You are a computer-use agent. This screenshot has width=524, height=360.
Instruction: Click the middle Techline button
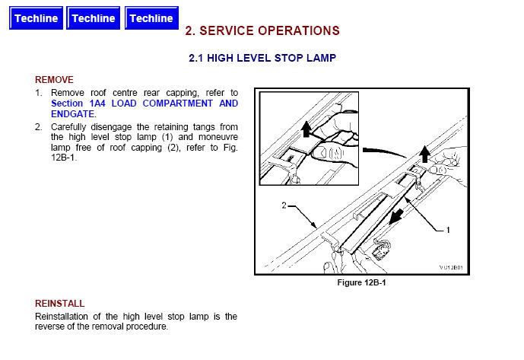pyautogui.click(x=94, y=18)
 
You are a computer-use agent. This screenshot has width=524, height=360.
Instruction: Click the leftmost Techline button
pyautogui.click(x=36, y=18)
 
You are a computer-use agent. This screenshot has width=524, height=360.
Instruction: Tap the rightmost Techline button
pyautogui.click(x=151, y=18)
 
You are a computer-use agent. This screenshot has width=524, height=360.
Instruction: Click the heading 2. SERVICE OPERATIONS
pyautogui.click(x=262, y=30)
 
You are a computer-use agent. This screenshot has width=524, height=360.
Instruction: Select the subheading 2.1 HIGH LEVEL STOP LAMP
pyautogui.click(x=262, y=58)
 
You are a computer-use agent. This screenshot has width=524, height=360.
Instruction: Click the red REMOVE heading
pyautogui.click(x=54, y=80)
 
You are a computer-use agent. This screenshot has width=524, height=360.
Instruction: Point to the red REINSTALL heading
pyautogui.click(x=60, y=304)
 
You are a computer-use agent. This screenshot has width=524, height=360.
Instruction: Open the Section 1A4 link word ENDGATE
pyautogui.click(x=72, y=114)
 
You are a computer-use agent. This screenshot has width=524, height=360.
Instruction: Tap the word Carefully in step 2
pyautogui.click(x=68, y=127)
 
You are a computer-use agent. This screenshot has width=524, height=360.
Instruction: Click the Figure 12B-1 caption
pyautogui.click(x=361, y=282)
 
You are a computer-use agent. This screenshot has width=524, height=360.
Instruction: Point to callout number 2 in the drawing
pyautogui.click(x=284, y=205)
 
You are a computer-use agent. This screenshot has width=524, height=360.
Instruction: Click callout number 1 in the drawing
pyautogui.click(x=448, y=230)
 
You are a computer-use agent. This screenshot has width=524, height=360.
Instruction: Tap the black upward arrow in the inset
pyautogui.click(x=306, y=129)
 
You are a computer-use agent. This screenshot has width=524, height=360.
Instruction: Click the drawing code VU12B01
pyautogui.click(x=451, y=267)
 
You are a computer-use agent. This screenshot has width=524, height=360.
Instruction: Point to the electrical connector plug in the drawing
pyautogui.click(x=380, y=250)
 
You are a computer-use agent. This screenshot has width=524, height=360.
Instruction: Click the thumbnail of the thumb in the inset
pyautogui.click(x=322, y=153)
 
